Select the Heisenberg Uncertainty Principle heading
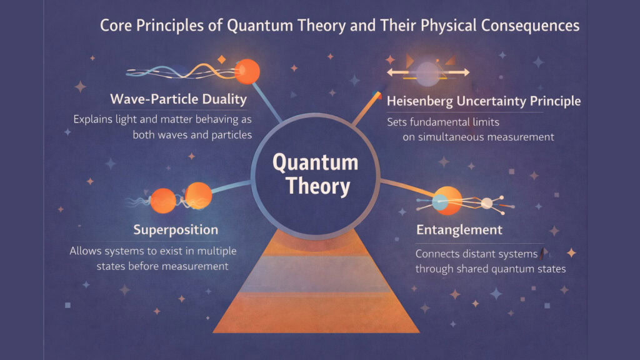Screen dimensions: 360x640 (x=484, y=101)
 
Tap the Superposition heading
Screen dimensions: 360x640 (x=176, y=229)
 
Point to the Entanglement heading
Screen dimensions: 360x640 (x=459, y=229)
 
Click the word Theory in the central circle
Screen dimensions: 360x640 (x=316, y=186)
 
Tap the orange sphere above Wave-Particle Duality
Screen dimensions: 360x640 (x=247, y=71)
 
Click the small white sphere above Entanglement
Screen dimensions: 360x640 (x=486, y=202)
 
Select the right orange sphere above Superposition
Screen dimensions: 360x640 (x=199, y=195)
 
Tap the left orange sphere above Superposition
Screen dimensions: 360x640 (x=164, y=199)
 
